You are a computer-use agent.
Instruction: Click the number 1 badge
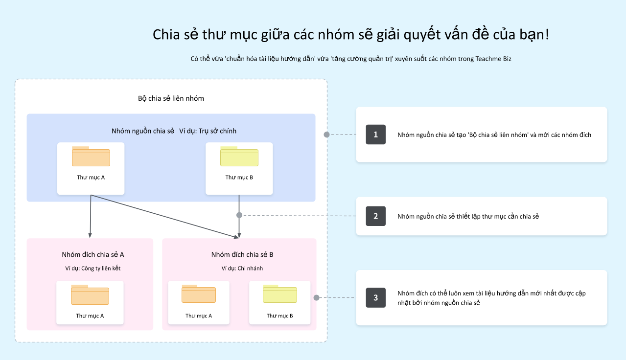(375, 135)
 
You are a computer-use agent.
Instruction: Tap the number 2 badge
(375, 216)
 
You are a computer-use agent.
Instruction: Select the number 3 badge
(375, 297)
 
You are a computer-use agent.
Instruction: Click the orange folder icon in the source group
(91, 156)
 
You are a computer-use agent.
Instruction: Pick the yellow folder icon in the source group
(239, 156)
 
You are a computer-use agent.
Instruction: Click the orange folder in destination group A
(90, 294)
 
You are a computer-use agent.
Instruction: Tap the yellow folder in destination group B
(280, 293)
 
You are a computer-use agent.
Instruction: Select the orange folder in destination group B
(199, 293)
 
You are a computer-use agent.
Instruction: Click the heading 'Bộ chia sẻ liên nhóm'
(171, 98)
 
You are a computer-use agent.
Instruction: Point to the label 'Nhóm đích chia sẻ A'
(93, 254)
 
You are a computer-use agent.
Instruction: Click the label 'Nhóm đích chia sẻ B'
(242, 254)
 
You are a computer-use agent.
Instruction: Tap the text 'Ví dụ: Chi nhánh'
(242, 269)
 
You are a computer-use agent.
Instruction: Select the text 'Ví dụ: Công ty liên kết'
(93, 269)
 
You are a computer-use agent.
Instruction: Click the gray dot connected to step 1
(326, 135)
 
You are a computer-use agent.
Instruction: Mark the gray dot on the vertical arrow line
(239, 215)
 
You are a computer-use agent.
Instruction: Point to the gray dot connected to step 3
(316, 298)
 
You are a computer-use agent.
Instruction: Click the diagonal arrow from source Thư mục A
(165, 217)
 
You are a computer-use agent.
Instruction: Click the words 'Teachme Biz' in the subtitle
(493, 59)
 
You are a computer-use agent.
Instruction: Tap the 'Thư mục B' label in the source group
(239, 178)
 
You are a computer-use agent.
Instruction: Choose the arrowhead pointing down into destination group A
(90, 235)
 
